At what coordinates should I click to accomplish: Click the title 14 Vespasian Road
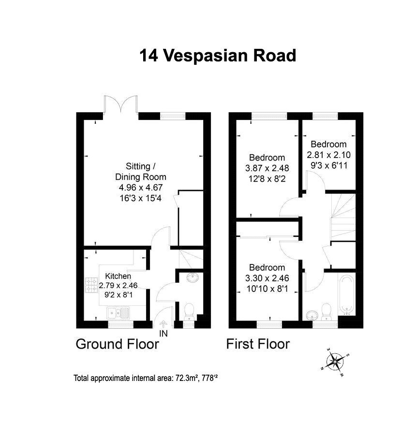[218, 56]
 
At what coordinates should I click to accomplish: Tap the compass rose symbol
[335, 362]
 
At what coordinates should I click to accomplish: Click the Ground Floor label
[118, 344]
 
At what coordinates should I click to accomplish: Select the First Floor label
[258, 344]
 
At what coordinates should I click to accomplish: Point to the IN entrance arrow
[163, 324]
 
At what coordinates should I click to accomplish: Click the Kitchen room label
[118, 276]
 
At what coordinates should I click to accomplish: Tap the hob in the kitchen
[91, 285]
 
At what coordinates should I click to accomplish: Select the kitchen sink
[118, 313]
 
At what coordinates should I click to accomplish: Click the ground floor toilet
[189, 312]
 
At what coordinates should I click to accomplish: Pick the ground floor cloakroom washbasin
[193, 278]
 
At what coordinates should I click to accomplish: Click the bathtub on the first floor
[346, 295]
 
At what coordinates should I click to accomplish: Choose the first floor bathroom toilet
[326, 312]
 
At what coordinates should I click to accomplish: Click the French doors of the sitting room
[121, 104]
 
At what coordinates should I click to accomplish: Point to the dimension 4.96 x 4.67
[141, 188]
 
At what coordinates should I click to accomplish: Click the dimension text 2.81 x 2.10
[328, 155]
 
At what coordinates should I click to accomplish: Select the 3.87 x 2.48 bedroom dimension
[267, 168]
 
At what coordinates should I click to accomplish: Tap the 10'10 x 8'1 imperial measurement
[267, 289]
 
